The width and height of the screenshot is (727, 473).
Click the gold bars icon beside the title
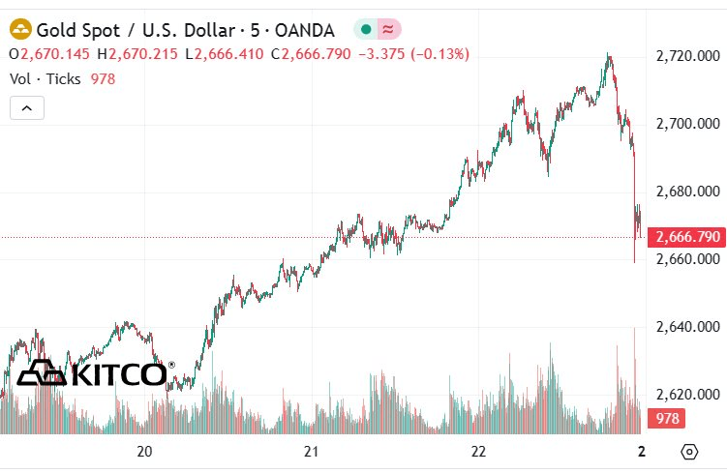coord(20,29)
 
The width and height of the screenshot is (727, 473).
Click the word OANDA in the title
coord(305,31)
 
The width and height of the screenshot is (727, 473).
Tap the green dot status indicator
coord(366,30)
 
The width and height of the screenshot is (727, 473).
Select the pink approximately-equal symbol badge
coord(388,30)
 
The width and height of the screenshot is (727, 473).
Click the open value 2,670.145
coord(55,54)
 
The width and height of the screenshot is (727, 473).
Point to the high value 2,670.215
coord(143,54)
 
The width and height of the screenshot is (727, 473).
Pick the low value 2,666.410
coord(229,54)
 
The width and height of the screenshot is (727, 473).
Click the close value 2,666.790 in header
coord(317,54)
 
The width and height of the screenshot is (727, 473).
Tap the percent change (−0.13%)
coord(440,54)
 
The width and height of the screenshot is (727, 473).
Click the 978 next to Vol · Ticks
coord(103,79)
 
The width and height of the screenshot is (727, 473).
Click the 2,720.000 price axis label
coord(688,56)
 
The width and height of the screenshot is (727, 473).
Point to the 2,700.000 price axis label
coord(688,124)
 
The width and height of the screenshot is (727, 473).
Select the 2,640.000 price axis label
coord(688,327)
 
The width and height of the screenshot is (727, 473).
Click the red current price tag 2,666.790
coord(686,237)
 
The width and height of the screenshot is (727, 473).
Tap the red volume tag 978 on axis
coord(666,418)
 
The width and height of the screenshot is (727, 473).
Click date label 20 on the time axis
coord(144,451)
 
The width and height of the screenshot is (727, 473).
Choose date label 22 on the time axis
coord(478,451)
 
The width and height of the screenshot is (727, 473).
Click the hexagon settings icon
coord(690,451)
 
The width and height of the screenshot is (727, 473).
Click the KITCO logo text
coord(119,374)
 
